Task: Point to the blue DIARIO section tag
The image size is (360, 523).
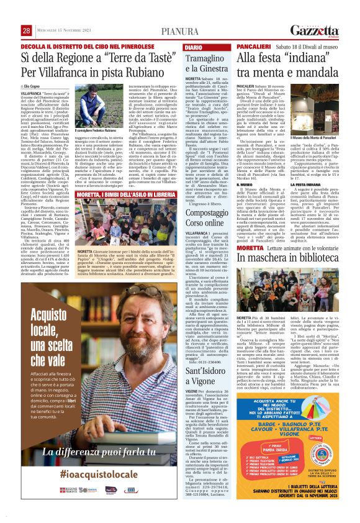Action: click(x=193, y=47)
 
